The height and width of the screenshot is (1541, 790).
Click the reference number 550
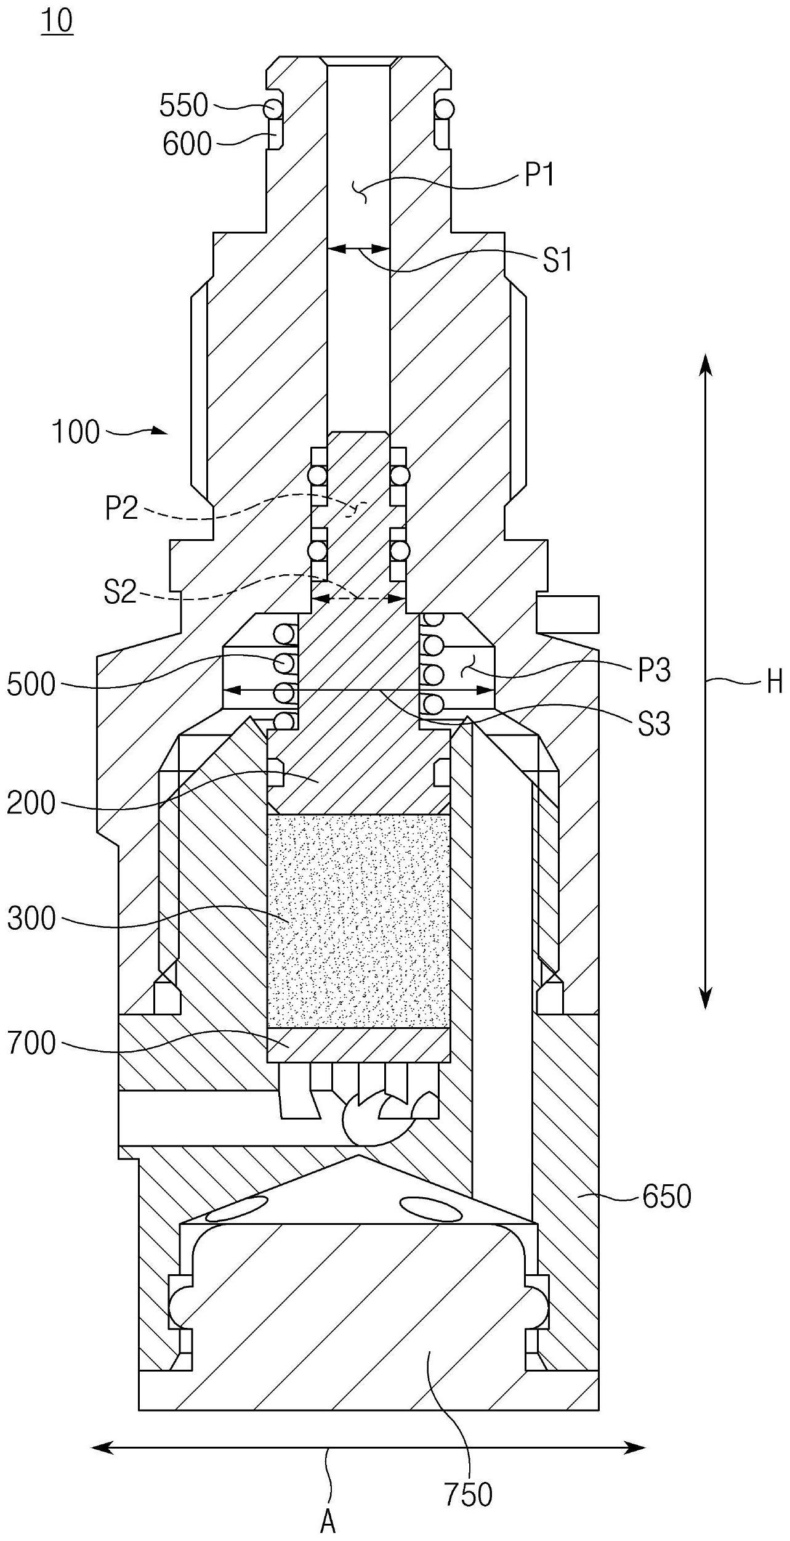[183, 106]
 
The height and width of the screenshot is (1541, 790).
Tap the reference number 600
[187, 145]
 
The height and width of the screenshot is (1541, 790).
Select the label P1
[539, 176]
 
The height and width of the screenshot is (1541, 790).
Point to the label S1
[557, 261]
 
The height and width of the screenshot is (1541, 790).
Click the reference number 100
[76, 432]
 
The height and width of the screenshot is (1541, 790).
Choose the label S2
[119, 593]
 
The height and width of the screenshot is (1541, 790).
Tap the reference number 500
[31, 685]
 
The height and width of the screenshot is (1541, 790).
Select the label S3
[654, 724]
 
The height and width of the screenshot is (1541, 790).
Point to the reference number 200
[31, 803]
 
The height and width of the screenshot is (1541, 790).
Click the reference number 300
[31, 919]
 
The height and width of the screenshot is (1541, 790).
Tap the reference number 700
[31, 1044]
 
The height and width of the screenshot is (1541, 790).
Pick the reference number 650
[667, 1197]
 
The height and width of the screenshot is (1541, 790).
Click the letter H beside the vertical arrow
[775, 682]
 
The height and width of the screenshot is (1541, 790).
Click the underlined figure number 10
[57, 22]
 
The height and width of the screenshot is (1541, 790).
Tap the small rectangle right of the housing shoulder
[567, 614]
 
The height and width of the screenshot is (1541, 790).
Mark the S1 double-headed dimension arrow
[359, 249]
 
